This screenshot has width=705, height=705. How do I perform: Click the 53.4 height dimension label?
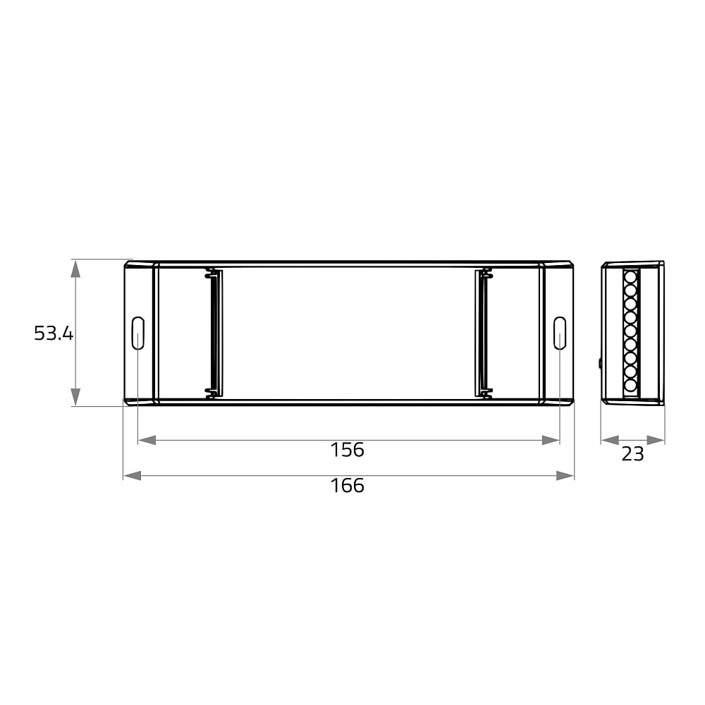(54, 333)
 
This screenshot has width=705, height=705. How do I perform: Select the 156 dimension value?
(347, 450)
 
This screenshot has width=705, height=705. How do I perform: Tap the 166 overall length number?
(347, 486)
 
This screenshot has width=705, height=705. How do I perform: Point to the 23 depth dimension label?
(632, 454)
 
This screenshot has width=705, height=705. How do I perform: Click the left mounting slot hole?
(137, 333)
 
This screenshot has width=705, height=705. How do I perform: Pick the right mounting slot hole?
(559, 333)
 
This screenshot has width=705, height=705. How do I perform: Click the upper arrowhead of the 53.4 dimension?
(75, 269)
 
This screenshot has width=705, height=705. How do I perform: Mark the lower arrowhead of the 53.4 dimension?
(75, 397)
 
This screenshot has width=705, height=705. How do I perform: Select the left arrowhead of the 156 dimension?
(147, 440)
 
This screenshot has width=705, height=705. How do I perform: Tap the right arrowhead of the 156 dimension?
(551, 440)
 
